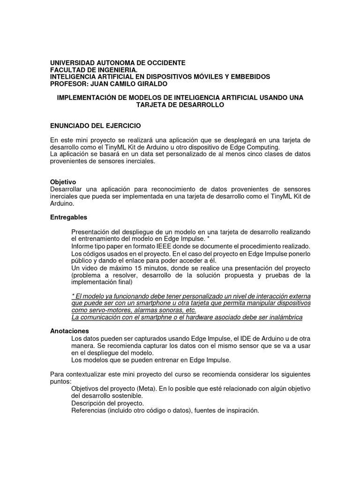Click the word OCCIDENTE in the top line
(x=163, y=63)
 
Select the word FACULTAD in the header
(x=67, y=70)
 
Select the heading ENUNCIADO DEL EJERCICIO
(x=95, y=126)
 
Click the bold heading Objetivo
(x=63, y=182)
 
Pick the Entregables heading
(x=68, y=217)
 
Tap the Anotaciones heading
(x=69, y=331)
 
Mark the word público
(x=83, y=260)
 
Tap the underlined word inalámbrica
(x=284, y=317)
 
